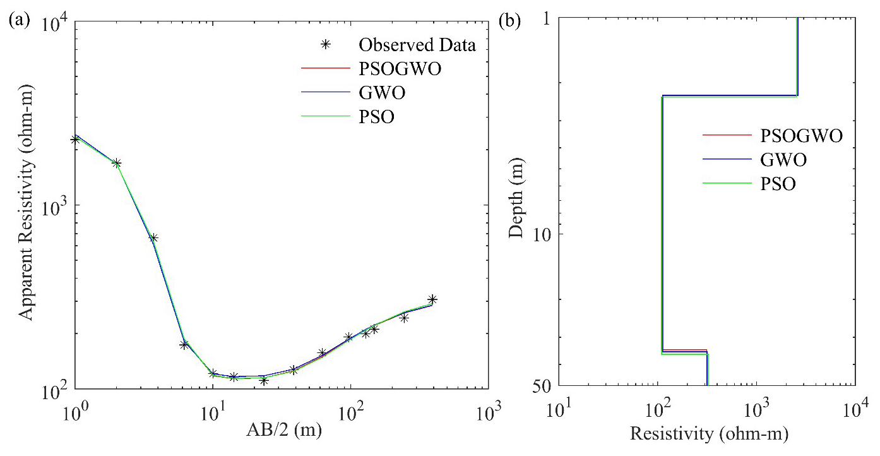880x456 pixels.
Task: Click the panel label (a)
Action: [16, 20]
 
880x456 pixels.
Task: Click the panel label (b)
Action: [509, 20]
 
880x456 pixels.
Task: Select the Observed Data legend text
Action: [417, 45]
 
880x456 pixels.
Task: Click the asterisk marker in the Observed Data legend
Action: [326, 45]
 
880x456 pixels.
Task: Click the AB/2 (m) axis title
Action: [282, 432]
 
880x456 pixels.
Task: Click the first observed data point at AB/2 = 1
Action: [76, 140]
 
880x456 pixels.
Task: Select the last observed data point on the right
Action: [432, 299]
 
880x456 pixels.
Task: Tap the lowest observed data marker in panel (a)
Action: [264, 380]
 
